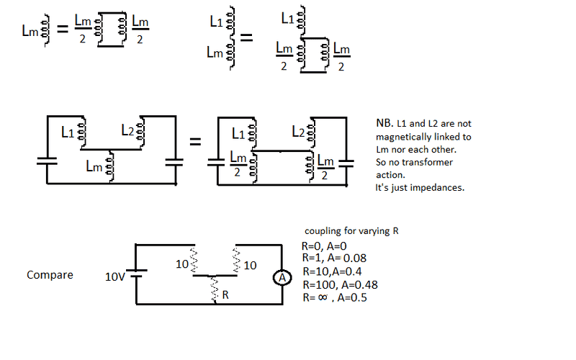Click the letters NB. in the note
[x=384, y=124]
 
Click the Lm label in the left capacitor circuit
[x=94, y=166]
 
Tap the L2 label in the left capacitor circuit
[x=127, y=130]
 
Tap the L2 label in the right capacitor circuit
[x=299, y=132]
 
